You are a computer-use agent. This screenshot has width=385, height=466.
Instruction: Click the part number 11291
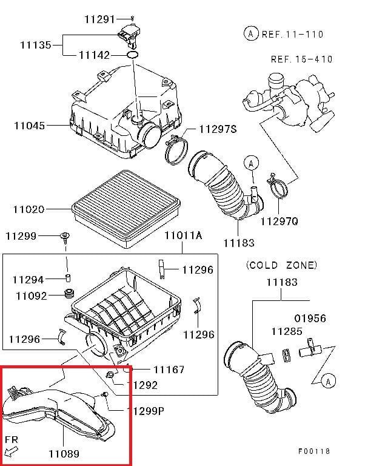coord(99,19)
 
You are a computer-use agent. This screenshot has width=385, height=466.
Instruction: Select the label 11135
coord(35,45)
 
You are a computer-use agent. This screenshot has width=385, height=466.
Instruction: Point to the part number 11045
coord(29,126)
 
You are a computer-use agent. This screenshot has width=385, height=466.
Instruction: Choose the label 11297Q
coord(279,222)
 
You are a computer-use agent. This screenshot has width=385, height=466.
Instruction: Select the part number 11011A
coord(182,235)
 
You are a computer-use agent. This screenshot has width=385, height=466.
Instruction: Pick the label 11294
coord(28,280)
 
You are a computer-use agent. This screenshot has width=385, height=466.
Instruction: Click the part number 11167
coord(169,369)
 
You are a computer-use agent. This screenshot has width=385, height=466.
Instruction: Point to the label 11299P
coord(145,410)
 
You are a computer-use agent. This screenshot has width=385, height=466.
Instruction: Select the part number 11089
coord(64,453)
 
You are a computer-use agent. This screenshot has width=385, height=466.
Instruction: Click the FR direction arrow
coord(12,450)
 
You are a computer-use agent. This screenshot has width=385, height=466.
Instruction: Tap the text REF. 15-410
coord(302,59)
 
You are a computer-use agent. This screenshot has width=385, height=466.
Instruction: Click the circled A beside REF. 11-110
coord(250,34)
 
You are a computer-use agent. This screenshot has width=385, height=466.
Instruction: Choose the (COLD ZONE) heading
coord(281,265)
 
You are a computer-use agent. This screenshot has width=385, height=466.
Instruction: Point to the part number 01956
coord(310,318)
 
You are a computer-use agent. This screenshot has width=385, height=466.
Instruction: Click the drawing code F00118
coord(314,451)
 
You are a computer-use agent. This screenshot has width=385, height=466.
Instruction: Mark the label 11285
coord(286,331)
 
